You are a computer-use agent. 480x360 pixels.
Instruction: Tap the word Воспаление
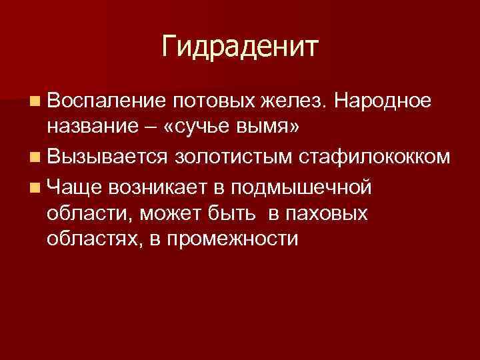click(106, 101)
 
